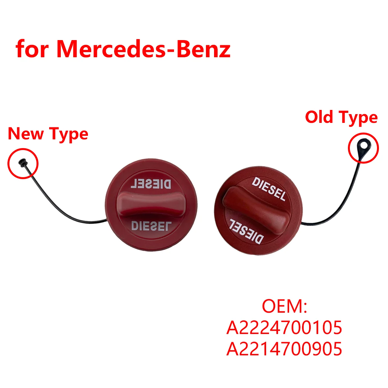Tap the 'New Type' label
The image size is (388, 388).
[48, 134]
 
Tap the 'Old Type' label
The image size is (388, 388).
[341, 117]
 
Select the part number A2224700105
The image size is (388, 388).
[284, 328]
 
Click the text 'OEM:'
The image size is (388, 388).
[284, 306]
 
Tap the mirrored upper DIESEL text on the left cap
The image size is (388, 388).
[151, 185]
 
